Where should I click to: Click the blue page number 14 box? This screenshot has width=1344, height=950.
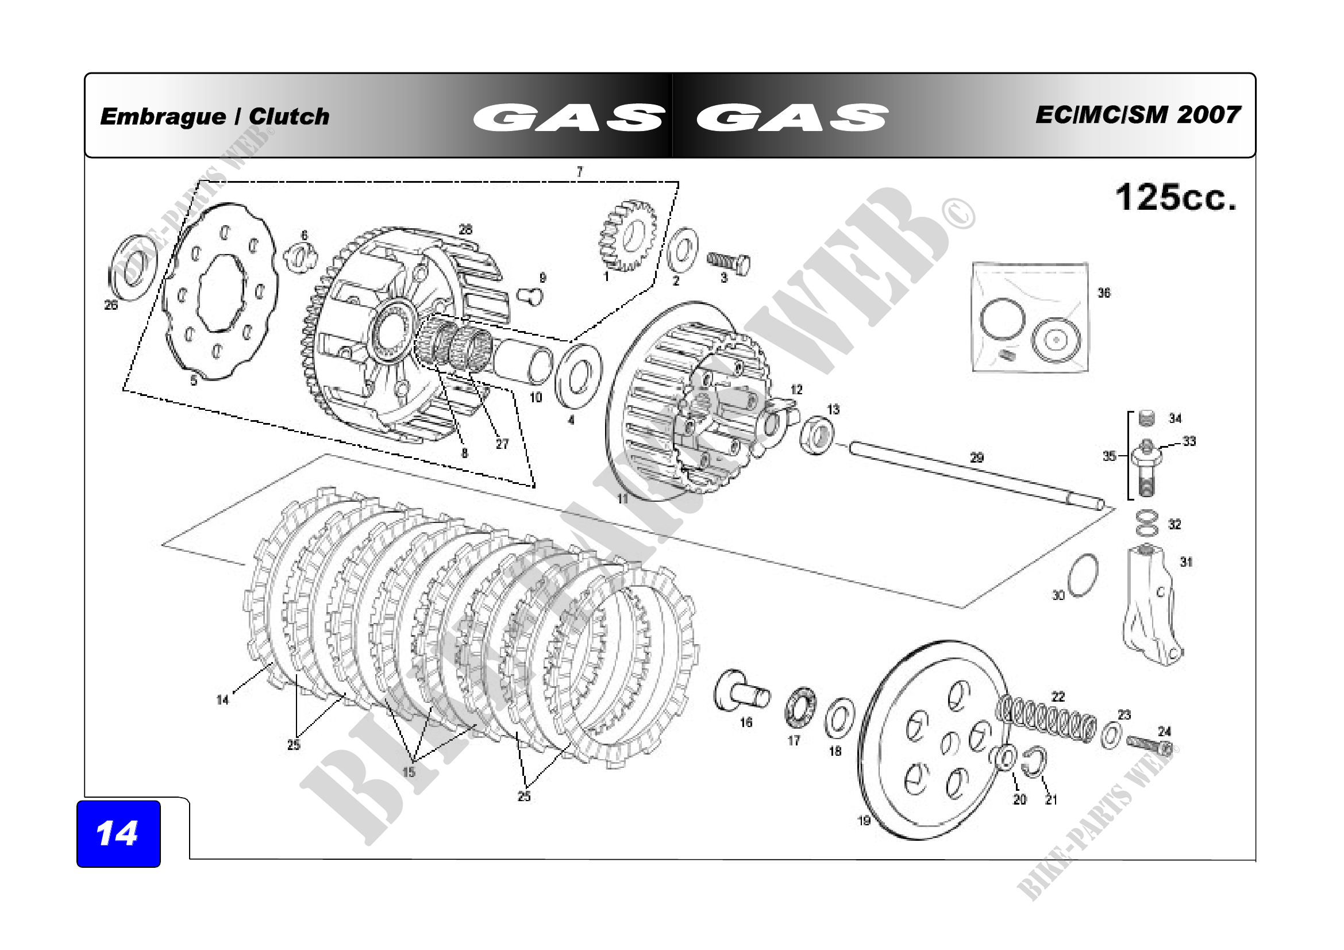(119, 833)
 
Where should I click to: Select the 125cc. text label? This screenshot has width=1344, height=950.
(1176, 197)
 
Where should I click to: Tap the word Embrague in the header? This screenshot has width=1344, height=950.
(163, 117)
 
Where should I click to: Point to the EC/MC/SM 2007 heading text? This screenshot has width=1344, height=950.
(1138, 115)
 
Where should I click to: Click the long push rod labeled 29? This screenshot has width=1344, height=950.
(977, 474)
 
